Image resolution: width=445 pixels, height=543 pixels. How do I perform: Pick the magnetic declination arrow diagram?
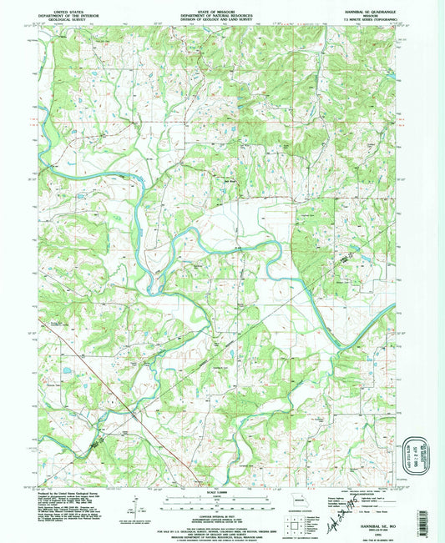point(136,503)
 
